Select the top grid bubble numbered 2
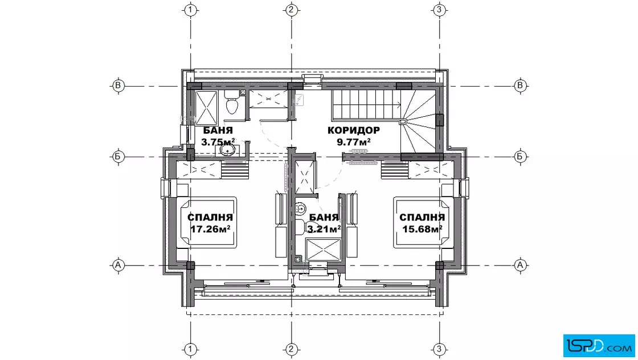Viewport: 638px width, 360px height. point(291,9)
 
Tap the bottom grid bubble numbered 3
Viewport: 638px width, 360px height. point(439,349)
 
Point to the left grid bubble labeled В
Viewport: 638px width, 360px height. point(118,86)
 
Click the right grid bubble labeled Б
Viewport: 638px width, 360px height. point(520,157)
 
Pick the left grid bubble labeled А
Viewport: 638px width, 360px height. point(118,265)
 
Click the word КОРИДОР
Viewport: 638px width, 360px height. point(354,130)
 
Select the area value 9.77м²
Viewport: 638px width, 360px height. point(354,142)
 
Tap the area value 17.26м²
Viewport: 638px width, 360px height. point(210,229)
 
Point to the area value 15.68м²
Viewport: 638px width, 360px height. point(422,229)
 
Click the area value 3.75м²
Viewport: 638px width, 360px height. point(218,142)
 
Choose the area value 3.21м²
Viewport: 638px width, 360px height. point(324,229)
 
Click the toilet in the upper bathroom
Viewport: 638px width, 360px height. point(232,103)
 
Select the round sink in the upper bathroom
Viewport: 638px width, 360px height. point(227,150)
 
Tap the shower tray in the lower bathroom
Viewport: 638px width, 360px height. point(323,249)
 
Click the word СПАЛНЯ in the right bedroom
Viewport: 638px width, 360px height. point(422,218)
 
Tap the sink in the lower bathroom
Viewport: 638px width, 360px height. point(300,209)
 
